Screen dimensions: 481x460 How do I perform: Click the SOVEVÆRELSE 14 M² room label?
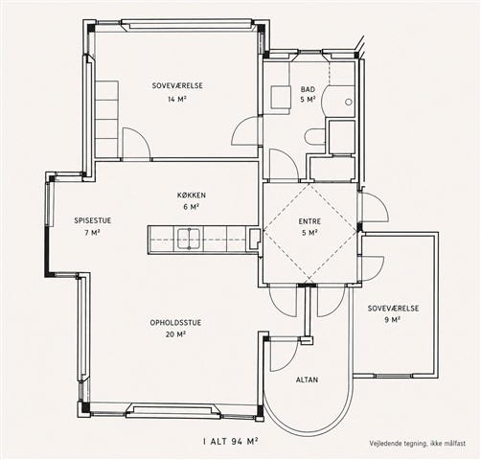coord(177,92)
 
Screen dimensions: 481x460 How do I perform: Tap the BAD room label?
coord(308,89)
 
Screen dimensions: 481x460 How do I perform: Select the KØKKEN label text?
coord(192,195)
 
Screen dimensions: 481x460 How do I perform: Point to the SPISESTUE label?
coord(93,220)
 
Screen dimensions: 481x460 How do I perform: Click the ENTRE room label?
coord(309,221)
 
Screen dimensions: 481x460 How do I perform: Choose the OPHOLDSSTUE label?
coord(175,323)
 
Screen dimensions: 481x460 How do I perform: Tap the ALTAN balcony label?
coord(307,379)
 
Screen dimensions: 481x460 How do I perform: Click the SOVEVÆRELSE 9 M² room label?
coord(393,313)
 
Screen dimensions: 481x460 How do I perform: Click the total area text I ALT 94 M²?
coord(231,442)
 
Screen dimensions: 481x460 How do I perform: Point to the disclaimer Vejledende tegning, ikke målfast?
coord(418,444)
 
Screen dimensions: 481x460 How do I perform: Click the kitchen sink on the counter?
coord(189,239)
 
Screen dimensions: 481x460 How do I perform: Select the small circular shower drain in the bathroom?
coord(349,102)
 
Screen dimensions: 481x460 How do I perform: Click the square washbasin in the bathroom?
coord(281,98)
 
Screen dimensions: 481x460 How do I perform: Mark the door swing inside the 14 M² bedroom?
coord(136,143)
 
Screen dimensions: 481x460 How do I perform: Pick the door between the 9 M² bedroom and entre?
coord(373,268)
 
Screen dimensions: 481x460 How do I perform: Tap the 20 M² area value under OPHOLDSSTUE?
coord(175,334)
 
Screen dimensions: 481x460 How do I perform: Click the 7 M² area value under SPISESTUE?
coord(93,232)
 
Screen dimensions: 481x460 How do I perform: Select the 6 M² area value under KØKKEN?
coord(192,207)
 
